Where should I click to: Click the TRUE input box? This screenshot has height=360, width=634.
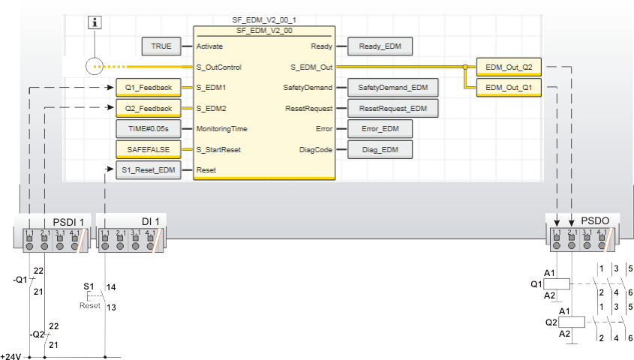point(161,46)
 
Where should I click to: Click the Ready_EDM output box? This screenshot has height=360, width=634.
point(380,46)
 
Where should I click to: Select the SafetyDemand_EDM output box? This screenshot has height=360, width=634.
point(392,88)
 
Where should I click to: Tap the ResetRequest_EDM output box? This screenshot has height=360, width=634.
point(392,109)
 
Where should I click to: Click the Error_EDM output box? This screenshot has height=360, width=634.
point(380,129)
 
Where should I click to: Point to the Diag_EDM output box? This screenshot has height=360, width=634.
point(380,149)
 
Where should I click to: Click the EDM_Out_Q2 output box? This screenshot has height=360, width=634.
point(508,67)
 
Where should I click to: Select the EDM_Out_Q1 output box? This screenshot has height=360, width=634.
point(508,88)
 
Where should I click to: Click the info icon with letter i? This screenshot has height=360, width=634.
point(95,22)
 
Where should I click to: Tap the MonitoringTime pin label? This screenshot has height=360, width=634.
point(221,129)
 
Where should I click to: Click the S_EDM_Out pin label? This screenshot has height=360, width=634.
point(311,67)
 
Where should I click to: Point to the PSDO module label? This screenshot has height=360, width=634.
point(599,220)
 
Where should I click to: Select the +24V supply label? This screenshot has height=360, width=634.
point(11,355)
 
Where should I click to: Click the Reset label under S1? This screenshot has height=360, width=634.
point(90,306)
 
